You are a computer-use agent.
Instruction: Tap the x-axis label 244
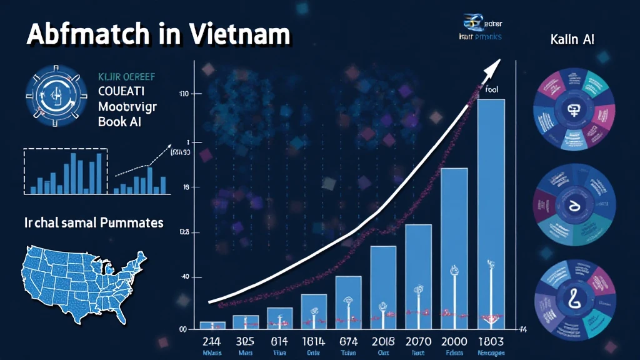[212, 342]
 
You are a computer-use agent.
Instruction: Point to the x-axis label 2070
[419, 342]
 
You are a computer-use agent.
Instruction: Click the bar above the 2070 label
[418, 275]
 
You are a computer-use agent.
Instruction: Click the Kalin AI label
[572, 39]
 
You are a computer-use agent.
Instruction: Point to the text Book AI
[119, 121]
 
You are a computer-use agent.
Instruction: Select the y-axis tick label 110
[183, 94]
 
